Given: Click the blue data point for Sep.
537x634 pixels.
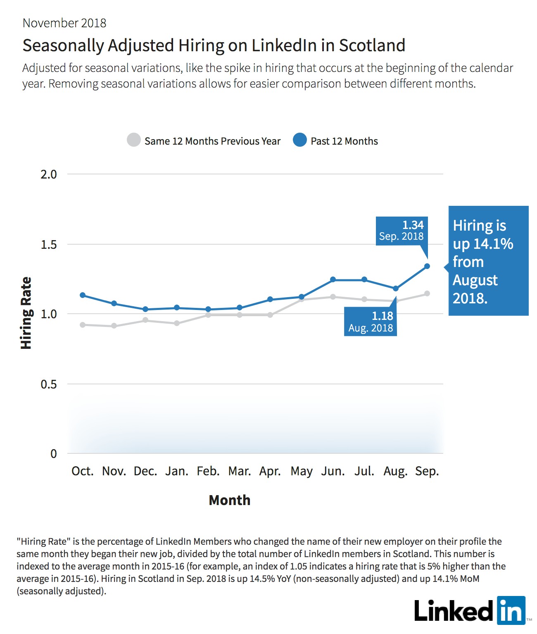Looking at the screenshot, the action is click(x=427, y=266).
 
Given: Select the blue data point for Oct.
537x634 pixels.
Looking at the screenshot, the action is click(x=83, y=295).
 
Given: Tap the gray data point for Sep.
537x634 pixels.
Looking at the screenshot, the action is click(x=427, y=293).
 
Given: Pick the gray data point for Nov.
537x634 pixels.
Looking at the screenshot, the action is click(x=114, y=326).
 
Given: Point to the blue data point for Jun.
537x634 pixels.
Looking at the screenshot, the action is click(x=333, y=279).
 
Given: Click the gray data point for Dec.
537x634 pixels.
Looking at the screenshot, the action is click(x=145, y=320).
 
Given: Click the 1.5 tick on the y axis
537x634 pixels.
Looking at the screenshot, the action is click(x=49, y=245).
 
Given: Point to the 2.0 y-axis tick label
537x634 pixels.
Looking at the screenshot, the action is click(x=49, y=174).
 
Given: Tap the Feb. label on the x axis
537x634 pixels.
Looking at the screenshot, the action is click(x=208, y=471).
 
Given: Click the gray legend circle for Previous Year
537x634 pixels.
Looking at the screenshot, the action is click(x=134, y=140).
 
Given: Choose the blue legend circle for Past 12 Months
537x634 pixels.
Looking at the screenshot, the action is click(x=300, y=140).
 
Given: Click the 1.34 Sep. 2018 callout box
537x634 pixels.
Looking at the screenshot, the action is click(x=402, y=231).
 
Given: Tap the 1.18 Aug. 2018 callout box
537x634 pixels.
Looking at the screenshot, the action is click(x=370, y=322).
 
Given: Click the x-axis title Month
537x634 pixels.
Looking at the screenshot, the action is click(x=230, y=500).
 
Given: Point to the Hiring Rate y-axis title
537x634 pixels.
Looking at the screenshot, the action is click(x=26, y=313).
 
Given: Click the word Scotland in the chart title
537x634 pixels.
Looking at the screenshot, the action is click(x=372, y=45).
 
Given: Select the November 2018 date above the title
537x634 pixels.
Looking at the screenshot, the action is click(x=64, y=23).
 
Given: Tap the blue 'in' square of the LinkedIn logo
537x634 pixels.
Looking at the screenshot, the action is click(x=511, y=610).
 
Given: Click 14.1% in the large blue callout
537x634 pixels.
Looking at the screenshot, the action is click(x=493, y=244).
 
